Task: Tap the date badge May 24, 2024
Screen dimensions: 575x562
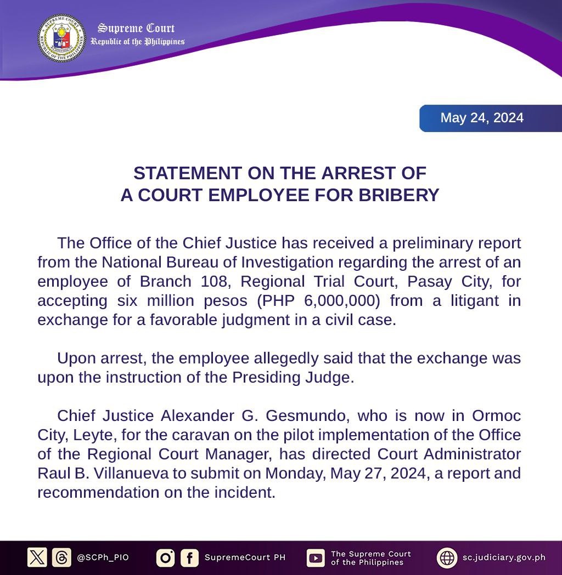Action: point(482,118)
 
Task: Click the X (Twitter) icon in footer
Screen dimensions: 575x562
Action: point(37,557)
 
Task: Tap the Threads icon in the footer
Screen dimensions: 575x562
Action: point(61,557)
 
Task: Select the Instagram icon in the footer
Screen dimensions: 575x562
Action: point(165,557)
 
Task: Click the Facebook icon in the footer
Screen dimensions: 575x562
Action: point(189,557)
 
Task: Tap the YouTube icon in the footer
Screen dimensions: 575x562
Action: point(316,557)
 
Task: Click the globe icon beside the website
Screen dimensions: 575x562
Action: point(447,557)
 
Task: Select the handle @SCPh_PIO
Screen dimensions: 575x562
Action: point(103,557)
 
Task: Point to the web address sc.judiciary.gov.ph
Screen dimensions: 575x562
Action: point(503,557)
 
